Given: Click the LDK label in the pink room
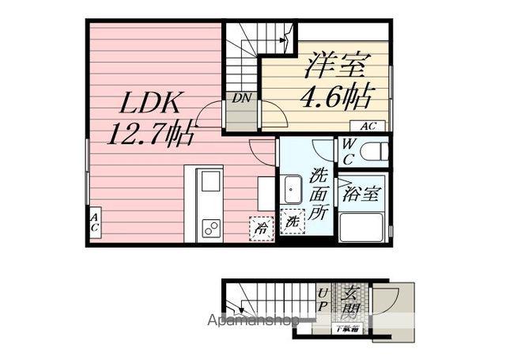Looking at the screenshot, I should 153,103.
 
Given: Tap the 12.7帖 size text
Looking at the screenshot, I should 151,135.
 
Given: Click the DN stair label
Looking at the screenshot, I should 241,98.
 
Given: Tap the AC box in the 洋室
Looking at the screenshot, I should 368,126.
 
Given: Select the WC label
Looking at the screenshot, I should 349,151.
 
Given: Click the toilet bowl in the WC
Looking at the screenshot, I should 376,151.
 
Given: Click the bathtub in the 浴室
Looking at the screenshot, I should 362,228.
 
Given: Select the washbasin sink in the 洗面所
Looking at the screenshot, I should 292,190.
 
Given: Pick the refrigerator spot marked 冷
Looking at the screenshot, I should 260,227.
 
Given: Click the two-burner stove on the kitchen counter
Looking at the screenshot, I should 211,229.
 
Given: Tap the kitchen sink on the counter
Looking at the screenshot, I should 210,181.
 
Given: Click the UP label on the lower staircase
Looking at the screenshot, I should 323,300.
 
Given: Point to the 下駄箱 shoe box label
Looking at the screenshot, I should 346,328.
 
